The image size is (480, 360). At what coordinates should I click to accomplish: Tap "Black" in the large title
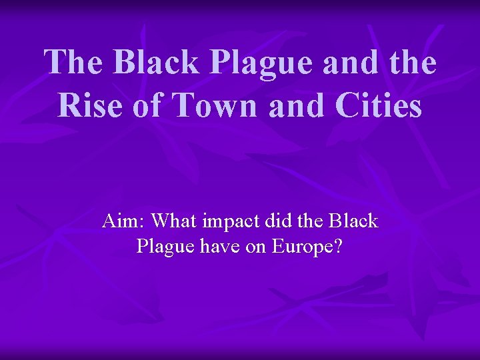click(x=155, y=63)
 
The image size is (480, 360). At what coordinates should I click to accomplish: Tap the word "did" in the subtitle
click(x=280, y=221)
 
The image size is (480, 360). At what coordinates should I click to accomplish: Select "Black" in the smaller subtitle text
click(x=355, y=221)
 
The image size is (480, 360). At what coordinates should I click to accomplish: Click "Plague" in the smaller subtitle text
click(x=163, y=247)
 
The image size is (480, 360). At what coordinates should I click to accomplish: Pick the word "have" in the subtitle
click(x=218, y=247)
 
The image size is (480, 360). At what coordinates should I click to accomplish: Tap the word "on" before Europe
click(x=258, y=247)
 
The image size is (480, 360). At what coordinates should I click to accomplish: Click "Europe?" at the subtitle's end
click(x=307, y=247)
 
